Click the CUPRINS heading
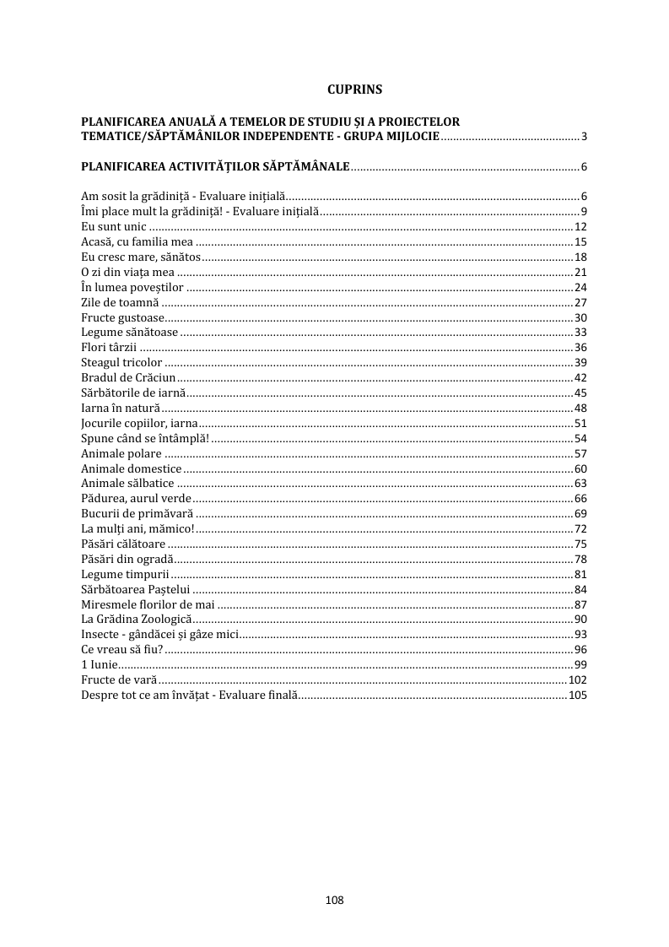pyautogui.click(x=354, y=88)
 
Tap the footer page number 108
pyautogui.click(x=334, y=900)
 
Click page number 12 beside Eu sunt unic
pyautogui.click(x=580, y=226)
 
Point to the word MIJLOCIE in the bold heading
pyautogui.click(x=408, y=136)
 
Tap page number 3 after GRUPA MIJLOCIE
pyautogui.click(x=584, y=137)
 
